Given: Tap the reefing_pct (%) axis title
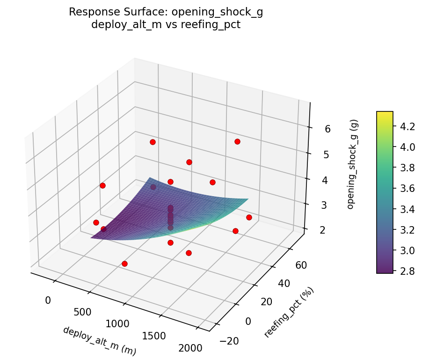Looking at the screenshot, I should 289,312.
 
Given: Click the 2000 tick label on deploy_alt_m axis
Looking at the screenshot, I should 190,348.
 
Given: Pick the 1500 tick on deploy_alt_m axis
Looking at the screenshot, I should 153,335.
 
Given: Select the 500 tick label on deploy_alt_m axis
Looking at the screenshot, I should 82,312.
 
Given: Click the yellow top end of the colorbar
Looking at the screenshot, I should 385,113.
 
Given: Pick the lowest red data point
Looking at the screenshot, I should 124,264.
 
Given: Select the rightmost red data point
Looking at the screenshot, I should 249,217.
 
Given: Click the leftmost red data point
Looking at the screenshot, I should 96,222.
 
